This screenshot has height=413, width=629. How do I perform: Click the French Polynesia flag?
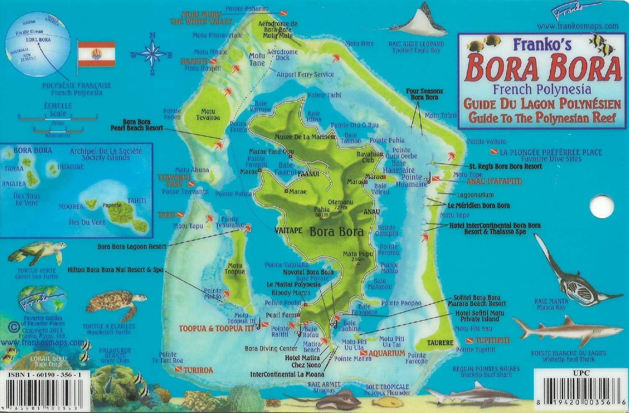tap(96, 53)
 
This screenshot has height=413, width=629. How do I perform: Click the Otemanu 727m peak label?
tap(340, 204)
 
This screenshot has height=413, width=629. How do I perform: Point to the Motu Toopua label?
tap(235, 269)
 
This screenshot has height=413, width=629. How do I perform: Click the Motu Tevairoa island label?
tap(208, 114)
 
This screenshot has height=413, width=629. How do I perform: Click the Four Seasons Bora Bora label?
tap(424, 94)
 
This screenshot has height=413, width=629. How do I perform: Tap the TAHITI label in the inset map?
tap(136, 201)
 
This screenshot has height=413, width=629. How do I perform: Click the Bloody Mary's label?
tap(291, 293)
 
